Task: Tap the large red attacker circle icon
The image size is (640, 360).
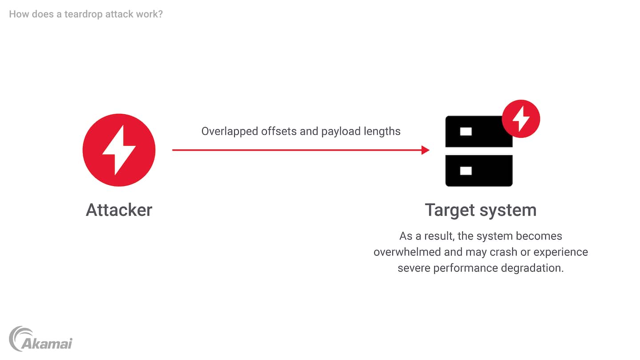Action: pyautogui.click(x=119, y=150)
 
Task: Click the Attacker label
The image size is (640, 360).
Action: pyautogui.click(x=119, y=210)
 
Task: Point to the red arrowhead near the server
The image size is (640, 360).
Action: pyautogui.click(x=425, y=150)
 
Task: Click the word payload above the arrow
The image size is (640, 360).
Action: pyautogui.click(x=341, y=132)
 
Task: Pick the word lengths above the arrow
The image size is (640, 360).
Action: pyautogui.click(x=382, y=132)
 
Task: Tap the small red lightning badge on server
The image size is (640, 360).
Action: pyautogui.click(x=521, y=119)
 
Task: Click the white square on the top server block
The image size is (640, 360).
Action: pyautogui.click(x=466, y=132)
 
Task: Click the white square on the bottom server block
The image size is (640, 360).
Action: pyautogui.click(x=466, y=171)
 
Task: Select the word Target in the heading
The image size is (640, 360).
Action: pyautogui.click(x=450, y=211)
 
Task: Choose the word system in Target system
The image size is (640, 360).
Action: pyautogui.click(x=508, y=211)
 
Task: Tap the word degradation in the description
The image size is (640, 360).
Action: pyautogui.click(x=532, y=268)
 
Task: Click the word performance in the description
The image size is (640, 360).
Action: pyautogui.click(x=466, y=268)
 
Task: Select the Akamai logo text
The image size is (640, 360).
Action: pyautogui.click(x=47, y=344)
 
